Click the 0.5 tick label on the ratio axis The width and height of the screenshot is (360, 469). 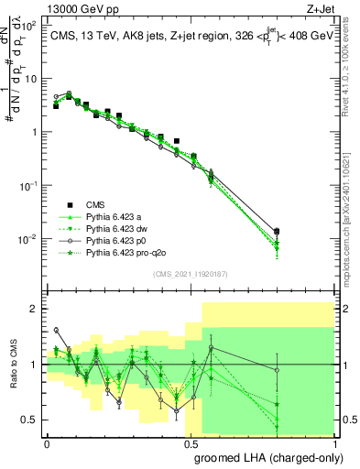point(29,420)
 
